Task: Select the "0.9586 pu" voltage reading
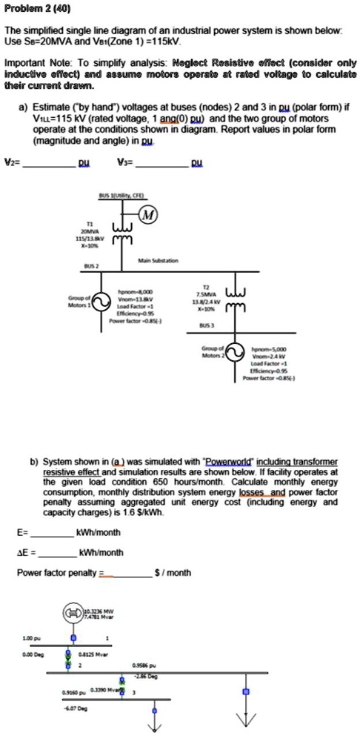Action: [x=144, y=666]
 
